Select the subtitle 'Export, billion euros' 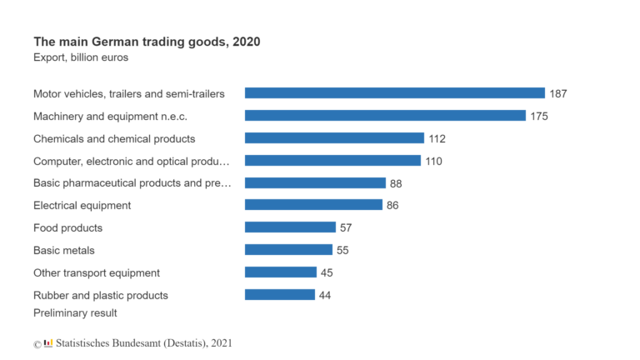(x=81, y=57)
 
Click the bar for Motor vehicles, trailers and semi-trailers (x=394, y=93)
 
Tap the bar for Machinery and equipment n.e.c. (x=385, y=116)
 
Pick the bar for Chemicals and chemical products (x=334, y=138)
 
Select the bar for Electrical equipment (x=313, y=205)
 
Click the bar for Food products (x=290, y=227)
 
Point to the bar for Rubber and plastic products (x=279, y=295)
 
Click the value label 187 (x=558, y=93)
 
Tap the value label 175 (x=539, y=116)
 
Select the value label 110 (x=433, y=161)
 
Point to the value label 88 (x=396, y=183)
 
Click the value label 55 (x=342, y=250)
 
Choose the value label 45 (x=327, y=272)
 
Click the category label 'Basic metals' (x=64, y=250)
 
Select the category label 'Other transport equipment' (x=97, y=272)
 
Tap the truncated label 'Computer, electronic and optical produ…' (x=132, y=161)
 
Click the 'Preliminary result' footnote (x=75, y=313)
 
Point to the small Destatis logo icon (x=48, y=342)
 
